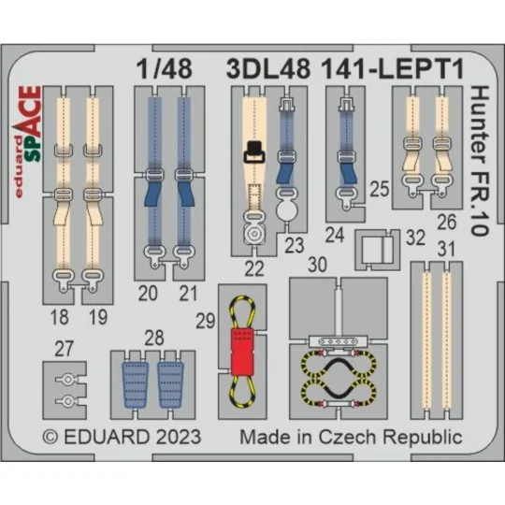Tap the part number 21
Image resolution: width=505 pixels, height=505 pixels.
pyautogui.click(x=190, y=295)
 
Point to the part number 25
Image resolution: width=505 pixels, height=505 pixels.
pyautogui.click(x=379, y=188)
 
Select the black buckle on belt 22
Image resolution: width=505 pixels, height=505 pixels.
pyautogui.click(x=253, y=151)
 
